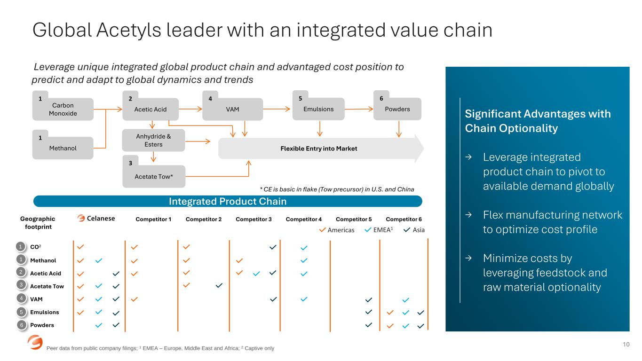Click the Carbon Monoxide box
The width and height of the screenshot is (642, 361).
(63, 109)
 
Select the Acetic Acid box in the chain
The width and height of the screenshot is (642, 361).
(151, 109)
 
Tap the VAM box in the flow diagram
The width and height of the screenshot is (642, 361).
(232, 109)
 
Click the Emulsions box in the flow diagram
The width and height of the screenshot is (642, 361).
(318, 109)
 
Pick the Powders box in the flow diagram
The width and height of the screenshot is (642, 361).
(397, 109)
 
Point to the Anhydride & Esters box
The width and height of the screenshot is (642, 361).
(153, 141)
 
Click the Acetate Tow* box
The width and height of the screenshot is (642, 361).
(154, 177)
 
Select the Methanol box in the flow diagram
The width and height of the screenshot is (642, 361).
(63, 148)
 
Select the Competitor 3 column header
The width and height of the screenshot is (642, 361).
(254, 219)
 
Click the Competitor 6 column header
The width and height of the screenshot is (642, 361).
(404, 219)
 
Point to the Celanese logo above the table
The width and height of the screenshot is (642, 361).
(96, 218)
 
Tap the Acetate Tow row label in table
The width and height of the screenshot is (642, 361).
(47, 286)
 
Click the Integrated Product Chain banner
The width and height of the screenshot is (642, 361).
(228, 201)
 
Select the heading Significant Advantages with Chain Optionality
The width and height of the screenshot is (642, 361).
(538, 121)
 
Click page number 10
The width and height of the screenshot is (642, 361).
(626, 345)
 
